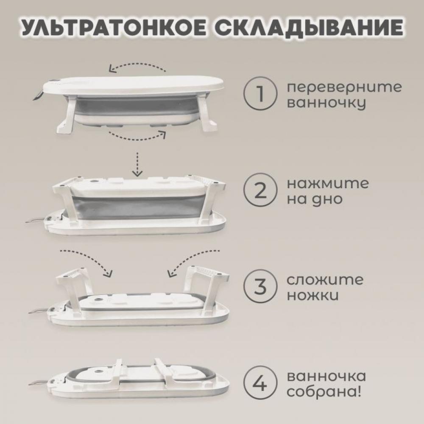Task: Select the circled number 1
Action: (260, 94)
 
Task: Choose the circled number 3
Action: (260, 286)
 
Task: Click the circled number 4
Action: (260, 383)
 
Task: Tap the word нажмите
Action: (328, 184)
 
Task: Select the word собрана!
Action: (324, 391)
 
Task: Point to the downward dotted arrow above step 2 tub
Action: (138, 164)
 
